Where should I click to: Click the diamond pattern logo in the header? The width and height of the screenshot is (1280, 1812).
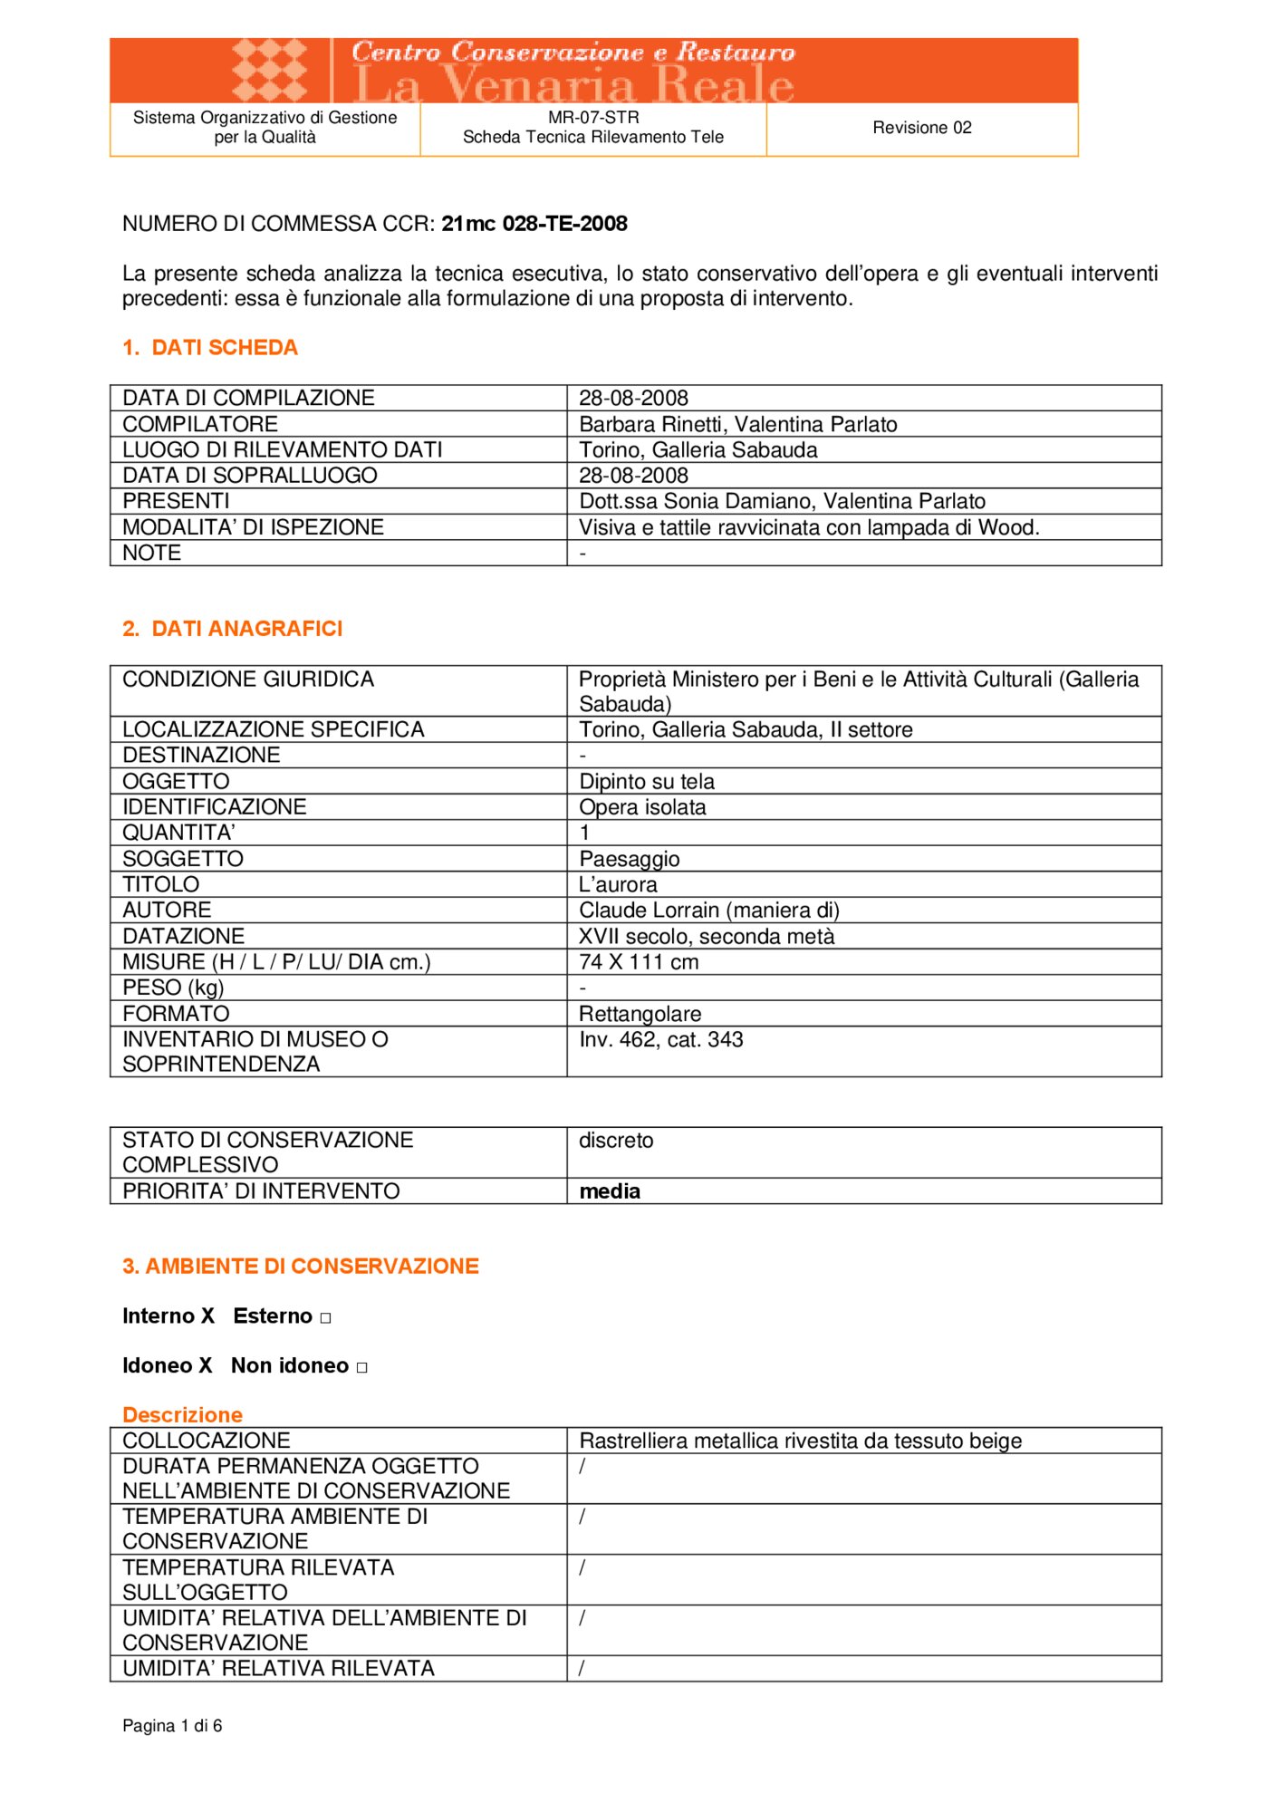(269, 70)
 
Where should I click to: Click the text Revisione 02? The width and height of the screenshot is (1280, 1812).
(921, 128)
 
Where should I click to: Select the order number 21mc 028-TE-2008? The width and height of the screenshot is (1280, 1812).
(534, 224)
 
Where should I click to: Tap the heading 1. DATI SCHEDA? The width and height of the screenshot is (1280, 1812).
(210, 348)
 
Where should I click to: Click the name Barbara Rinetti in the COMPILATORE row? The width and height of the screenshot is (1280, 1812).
(654, 424)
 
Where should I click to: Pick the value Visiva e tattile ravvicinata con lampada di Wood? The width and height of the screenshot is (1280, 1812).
(808, 527)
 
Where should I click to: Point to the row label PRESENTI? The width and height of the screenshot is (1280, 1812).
(176, 501)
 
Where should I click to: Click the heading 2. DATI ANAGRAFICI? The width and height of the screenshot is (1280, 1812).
(233, 629)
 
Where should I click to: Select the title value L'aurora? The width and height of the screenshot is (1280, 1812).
(618, 884)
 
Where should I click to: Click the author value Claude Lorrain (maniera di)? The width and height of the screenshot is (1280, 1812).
(708, 911)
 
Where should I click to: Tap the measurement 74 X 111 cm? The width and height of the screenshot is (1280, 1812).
(639, 962)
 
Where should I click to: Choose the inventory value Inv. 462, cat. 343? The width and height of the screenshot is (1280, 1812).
(660, 1039)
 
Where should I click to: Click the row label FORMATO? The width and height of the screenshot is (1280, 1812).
(176, 1014)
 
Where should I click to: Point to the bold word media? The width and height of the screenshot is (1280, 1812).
(609, 1191)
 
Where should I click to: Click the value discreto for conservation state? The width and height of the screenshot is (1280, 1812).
(615, 1141)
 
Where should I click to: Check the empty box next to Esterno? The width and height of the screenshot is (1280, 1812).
(326, 1318)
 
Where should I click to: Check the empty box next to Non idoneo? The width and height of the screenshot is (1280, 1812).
(362, 1368)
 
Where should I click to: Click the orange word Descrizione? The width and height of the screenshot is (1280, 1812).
(182, 1415)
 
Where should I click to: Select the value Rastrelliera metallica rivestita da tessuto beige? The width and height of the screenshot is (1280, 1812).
(800, 1441)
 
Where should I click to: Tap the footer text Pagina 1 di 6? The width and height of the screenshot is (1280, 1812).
(172, 1726)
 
